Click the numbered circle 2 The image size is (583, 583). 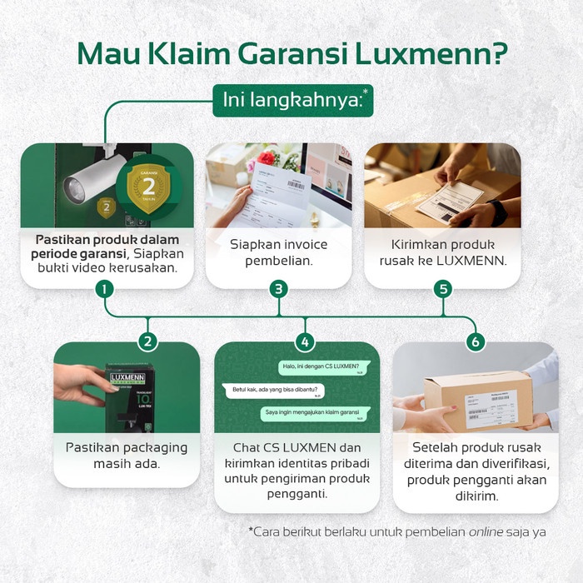coord(147,341)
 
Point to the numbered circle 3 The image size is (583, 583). coord(279,289)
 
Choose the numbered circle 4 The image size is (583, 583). coord(306,341)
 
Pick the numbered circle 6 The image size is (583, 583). coord(476,341)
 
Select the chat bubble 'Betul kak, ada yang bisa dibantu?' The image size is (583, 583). coord(276,390)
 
